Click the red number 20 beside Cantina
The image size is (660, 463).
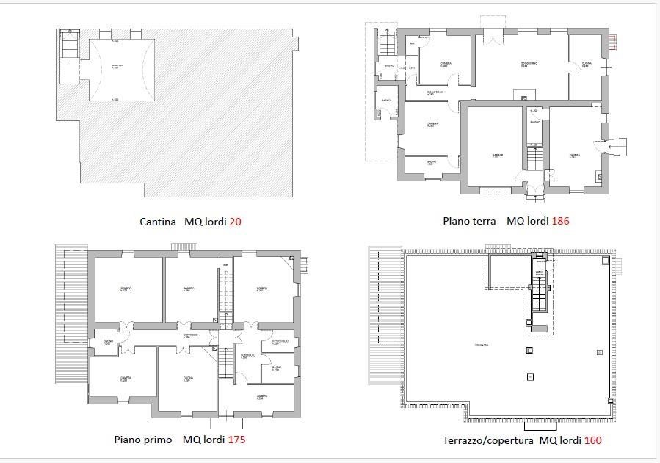pyautogui.click(x=235, y=221)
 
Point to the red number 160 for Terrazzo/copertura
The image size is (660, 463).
pyautogui.click(x=593, y=441)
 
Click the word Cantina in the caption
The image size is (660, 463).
pyautogui.click(x=158, y=221)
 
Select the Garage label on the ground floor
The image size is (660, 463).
pyautogui.click(x=498, y=155)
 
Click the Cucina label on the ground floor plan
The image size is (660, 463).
pyautogui.click(x=587, y=65)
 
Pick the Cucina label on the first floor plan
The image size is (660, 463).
pyautogui.click(x=187, y=379)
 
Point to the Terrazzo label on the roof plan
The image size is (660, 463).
pyautogui.click(x=482, y=345)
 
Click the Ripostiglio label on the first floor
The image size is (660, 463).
pyautogui.click(x=280, y=342)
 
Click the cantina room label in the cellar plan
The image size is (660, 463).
pyautogui.click(x=117, y=66)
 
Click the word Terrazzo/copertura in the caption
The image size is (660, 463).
pyautogui.click(x=488, y=441)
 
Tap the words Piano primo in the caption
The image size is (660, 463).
pyautogui.click(x=143, y=440)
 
